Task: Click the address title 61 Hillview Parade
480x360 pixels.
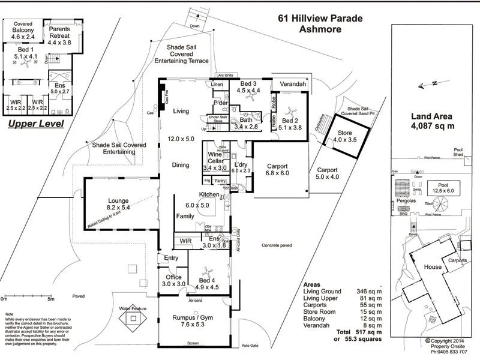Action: (320, 18)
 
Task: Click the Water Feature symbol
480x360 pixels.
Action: (133, 320)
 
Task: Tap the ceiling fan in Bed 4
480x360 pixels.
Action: (208, 271)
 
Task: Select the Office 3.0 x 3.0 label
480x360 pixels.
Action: (174, 280)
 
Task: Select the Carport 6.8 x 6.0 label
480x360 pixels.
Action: (278, 170)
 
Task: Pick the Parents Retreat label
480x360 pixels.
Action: (59, 35)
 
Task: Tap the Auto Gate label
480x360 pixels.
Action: (250, 346)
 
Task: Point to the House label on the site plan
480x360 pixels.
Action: (432, 267)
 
